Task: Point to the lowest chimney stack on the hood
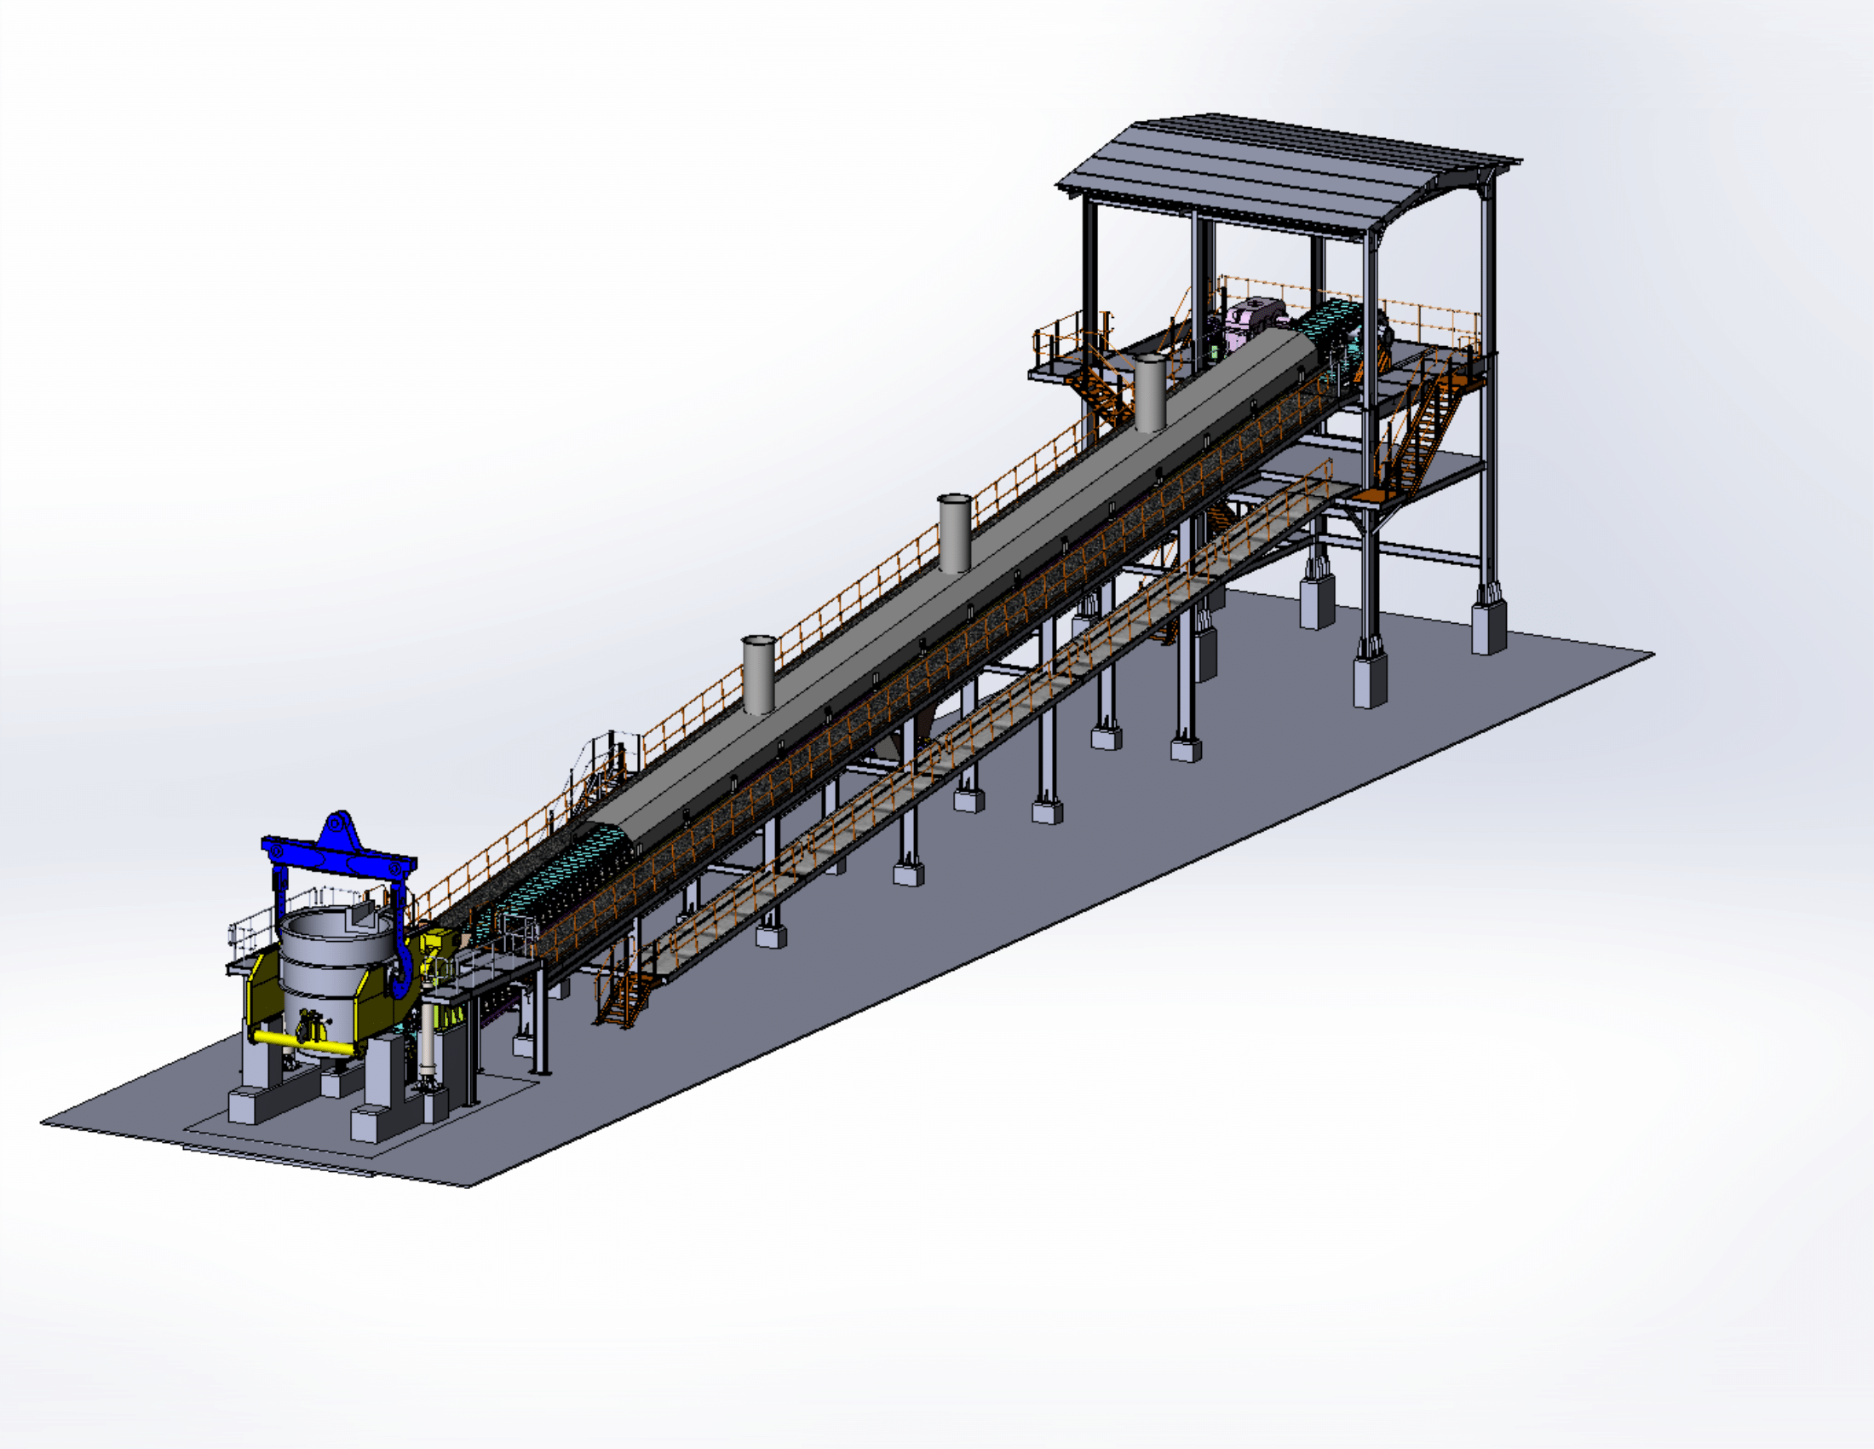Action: [758, 675]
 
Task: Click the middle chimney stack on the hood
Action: [954, 533]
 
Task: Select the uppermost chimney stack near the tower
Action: [1150, 393]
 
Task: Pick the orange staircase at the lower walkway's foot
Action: [624, 996]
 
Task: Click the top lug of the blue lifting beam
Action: [340, 825]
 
